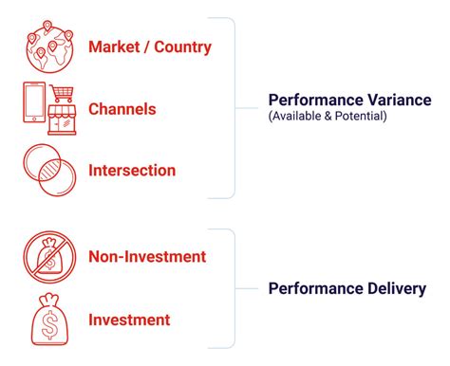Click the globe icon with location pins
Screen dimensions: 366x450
(47, 46)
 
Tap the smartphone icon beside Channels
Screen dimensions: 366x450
(33, 108)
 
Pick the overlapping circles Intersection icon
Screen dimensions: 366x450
(47, 172)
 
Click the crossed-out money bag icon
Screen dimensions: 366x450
(47, 257)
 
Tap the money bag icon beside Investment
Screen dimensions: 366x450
(47, 320)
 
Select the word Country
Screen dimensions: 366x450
(181, 46)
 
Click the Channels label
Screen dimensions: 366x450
(122, 109)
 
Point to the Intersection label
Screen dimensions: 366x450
(132, 172)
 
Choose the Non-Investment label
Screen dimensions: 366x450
(146, 257)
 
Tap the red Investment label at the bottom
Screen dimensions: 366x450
(129, 320)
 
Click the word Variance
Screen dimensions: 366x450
(398, 100)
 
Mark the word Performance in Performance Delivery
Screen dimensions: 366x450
(313, 288)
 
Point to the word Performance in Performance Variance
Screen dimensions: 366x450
(313, 100)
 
